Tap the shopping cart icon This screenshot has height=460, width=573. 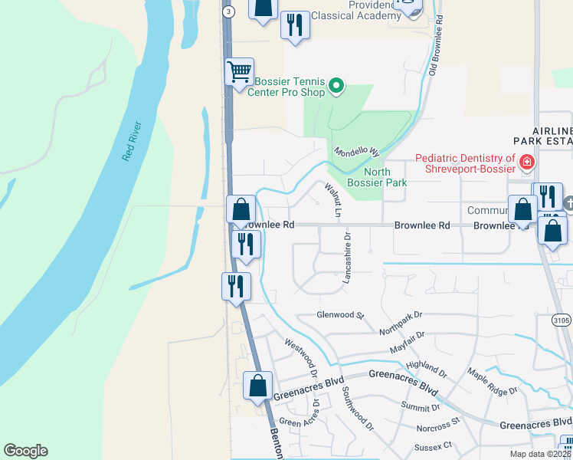click(239, 72)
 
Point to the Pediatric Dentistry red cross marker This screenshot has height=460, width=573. click(526, 163)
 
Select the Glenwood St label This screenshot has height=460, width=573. click(340, 315)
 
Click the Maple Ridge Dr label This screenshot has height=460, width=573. click(493, 383)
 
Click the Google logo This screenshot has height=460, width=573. click(25, 451)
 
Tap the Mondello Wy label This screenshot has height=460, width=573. click(357, 152)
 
